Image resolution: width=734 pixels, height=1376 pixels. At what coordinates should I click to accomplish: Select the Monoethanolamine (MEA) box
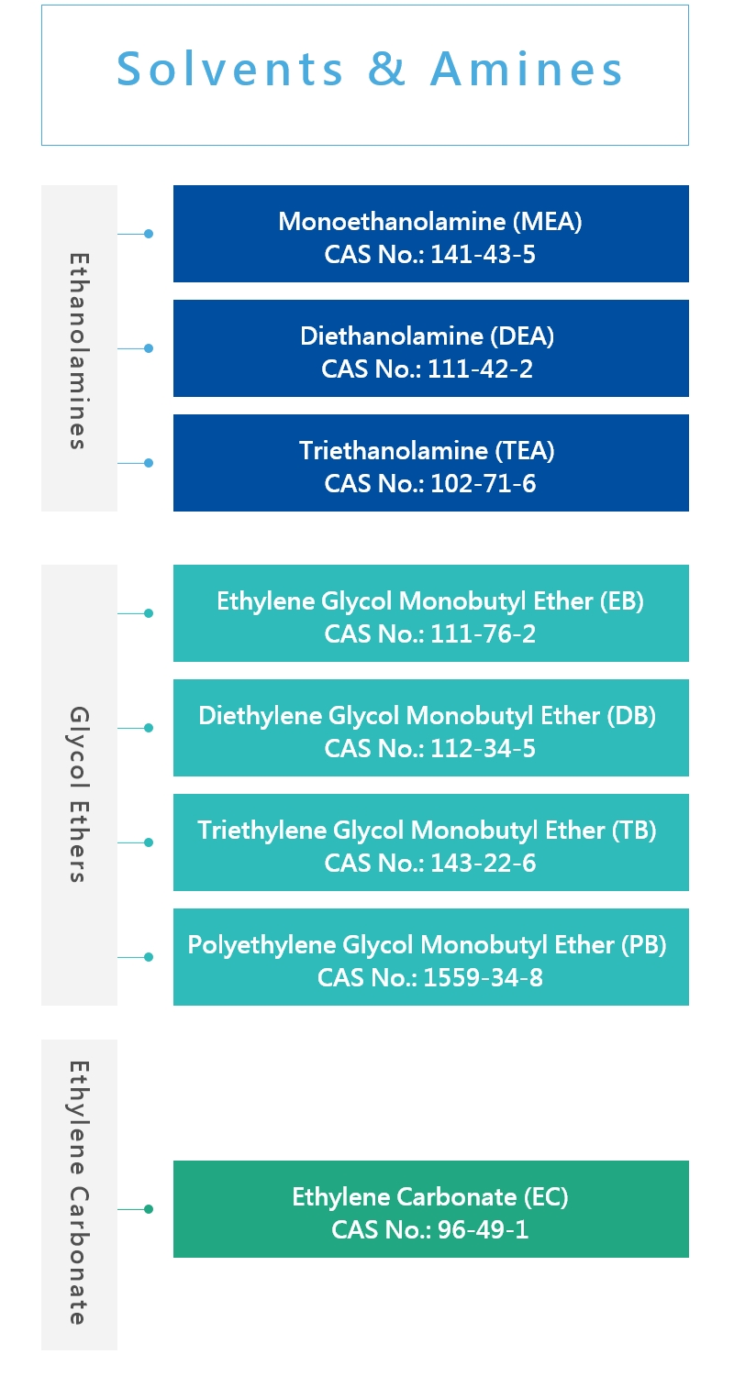(x=430, y=234)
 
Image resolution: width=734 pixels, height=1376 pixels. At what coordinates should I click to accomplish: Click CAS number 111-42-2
(x=480, y=369)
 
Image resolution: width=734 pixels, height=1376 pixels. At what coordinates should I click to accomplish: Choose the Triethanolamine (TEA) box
(x=430, y=463)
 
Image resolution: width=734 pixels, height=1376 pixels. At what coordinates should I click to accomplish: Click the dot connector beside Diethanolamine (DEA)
(x=148, y=348)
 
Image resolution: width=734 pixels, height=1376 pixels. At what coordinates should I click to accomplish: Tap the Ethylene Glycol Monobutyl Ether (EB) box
(x=430, y=613)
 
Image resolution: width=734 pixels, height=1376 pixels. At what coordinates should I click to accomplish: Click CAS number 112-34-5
(x=483, y=749)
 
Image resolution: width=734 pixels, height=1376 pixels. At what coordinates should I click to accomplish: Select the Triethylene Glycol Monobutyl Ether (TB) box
(x=430, y=842)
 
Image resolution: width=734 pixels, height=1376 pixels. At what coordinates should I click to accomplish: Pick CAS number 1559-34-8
(x=484, y=978)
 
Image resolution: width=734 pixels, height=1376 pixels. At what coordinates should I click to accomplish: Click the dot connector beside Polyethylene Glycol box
(x=148, y=957)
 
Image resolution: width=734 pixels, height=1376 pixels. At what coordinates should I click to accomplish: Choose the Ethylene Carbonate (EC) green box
(x=430, y=1209)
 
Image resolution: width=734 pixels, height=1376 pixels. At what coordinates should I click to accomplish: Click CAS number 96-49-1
(x=483, y=1230)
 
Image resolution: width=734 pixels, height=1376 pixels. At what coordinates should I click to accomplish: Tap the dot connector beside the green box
(x=148, y=1209)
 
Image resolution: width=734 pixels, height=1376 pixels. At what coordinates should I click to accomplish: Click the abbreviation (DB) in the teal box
(x=631, y=716)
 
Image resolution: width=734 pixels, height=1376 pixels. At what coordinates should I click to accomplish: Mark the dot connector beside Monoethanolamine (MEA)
(x=148, y=234)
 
